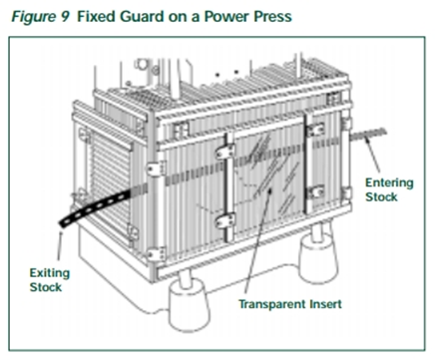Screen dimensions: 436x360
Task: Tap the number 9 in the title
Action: tap(65, 16)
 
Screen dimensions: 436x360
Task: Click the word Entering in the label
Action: tap(389, 183)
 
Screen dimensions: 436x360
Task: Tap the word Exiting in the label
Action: tap(50, 273)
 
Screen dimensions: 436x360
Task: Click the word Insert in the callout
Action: tap(325, 304)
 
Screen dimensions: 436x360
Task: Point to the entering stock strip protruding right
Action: tap(368, 135)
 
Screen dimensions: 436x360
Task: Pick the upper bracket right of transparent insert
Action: tap(315, 130)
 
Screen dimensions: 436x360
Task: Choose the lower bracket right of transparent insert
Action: tap(315, 192)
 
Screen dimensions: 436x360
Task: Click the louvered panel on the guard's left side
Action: tap(109, 186)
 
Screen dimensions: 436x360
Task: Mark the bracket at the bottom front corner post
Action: tap(156, 254)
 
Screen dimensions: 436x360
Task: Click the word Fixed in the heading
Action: tap(96, 16)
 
